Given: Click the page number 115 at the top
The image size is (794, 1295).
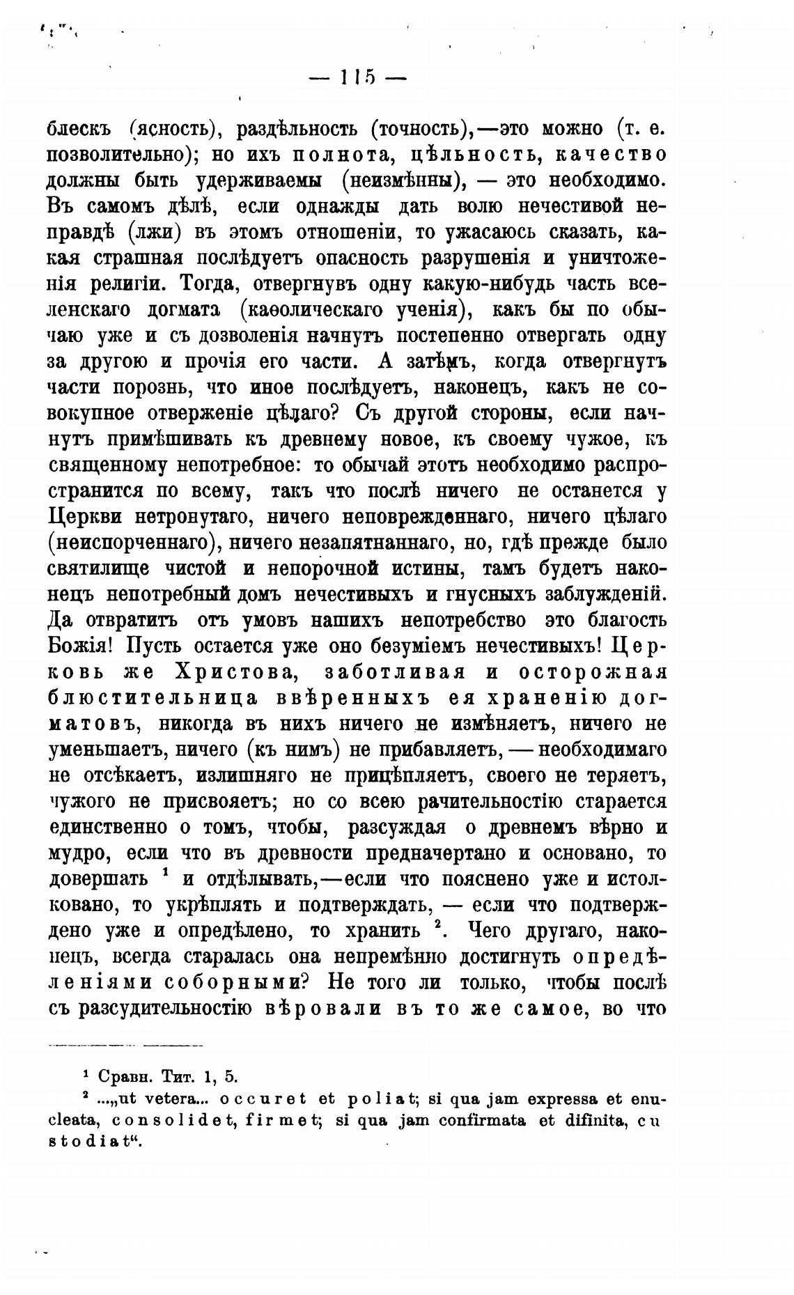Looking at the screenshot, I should coord(357,77).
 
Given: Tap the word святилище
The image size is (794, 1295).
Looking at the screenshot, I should coord(98,568).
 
